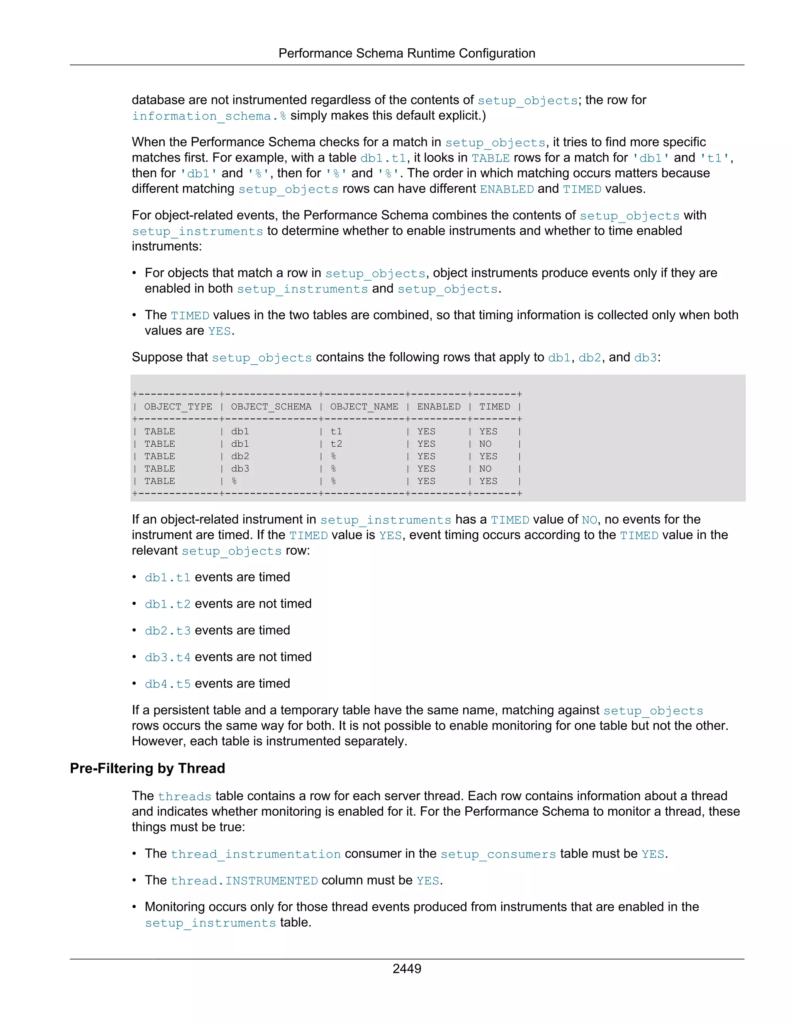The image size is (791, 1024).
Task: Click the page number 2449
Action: (x=406, y=968)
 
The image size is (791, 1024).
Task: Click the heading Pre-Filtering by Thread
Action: (x=147, y=768)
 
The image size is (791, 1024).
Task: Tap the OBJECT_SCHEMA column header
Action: (x=271, y=407)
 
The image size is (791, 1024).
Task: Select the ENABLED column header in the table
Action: (x=439, y=407)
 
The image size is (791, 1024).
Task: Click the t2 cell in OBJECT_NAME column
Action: (x=336, y=444)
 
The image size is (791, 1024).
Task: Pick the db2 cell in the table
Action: (x=240, y=456)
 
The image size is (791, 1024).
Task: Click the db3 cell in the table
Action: (x=240, y=468)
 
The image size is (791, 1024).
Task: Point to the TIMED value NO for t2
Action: (x=485, y=444)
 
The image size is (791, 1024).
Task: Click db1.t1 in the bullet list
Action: (x=168, y=577)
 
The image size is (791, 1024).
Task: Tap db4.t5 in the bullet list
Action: (x=168, y=684)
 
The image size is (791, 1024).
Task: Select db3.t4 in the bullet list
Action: (x=168, y=657)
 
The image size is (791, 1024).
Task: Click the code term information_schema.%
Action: (x=209, y=116)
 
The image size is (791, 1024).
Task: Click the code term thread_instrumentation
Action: (x=255, y=854)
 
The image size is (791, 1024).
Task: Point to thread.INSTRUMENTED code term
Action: (x=244, y=881)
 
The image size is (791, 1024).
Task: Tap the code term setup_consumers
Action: (x=498, y=854)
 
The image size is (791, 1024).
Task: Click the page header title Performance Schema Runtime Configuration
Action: (x=406, y=53)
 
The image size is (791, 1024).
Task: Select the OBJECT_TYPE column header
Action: (x=178, y=407)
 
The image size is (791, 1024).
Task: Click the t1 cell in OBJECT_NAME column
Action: (x=336, y=431)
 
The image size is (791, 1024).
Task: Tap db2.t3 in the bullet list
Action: (x=168, y=631)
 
